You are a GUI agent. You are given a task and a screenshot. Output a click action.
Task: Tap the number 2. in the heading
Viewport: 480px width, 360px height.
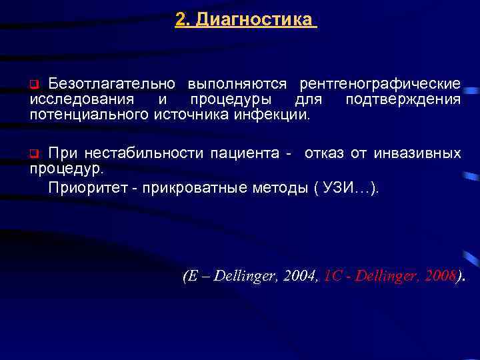pyautogui.click(x=183, y=20)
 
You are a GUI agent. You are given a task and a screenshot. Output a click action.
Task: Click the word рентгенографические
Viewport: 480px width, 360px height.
pyautogui.click(x=380, y=85)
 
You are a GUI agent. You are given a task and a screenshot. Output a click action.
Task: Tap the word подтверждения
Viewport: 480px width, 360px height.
pyautogui.click(x=403, y=99)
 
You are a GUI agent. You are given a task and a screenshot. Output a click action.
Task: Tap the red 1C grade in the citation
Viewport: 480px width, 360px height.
pyautogui.click(x=331, y=276)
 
